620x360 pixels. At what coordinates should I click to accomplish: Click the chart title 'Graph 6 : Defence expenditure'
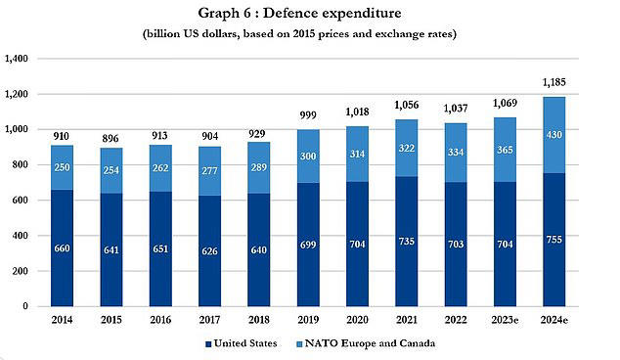[309, 13]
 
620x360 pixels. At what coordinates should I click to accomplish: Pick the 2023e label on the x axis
[505, 320]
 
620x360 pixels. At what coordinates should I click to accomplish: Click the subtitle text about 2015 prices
[309, 34]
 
